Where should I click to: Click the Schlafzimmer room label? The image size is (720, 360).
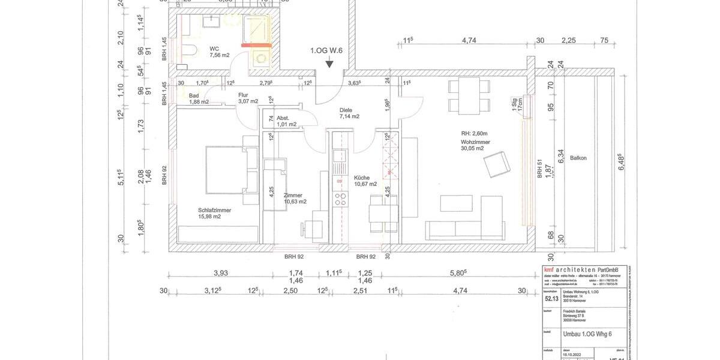click(214, 211)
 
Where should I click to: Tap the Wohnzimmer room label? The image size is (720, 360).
click(475, 142)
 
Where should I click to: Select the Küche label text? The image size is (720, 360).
click(362, 178)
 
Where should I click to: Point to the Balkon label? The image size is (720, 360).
click(578, 158)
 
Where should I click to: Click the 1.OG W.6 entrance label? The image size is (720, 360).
click(326, 51)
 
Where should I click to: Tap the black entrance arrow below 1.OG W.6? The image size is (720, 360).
click(329, 64)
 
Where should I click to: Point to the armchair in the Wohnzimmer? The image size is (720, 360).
click(497, 164)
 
